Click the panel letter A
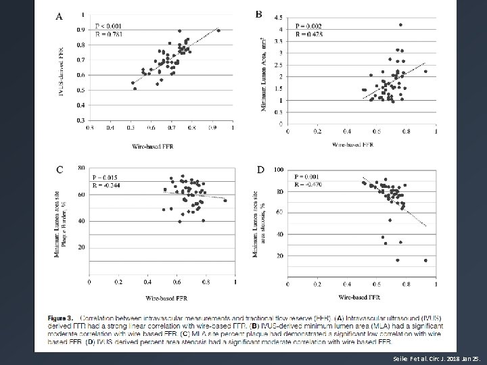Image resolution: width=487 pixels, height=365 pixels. pos(60,17)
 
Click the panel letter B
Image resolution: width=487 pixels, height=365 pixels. pos(258,14)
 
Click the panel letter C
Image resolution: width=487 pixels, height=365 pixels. pos(60,170)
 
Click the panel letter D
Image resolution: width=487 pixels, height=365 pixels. pos(260,169)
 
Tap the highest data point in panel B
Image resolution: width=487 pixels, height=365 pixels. pos(400,25)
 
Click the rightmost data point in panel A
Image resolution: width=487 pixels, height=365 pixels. pos(218,30)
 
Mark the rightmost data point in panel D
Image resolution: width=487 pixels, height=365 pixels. pos(425,260)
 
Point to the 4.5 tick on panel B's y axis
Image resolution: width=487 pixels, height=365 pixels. pos(278,18)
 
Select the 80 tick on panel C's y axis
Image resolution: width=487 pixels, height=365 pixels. pos(81,168)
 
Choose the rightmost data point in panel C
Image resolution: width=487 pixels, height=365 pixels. pos(225,200)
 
